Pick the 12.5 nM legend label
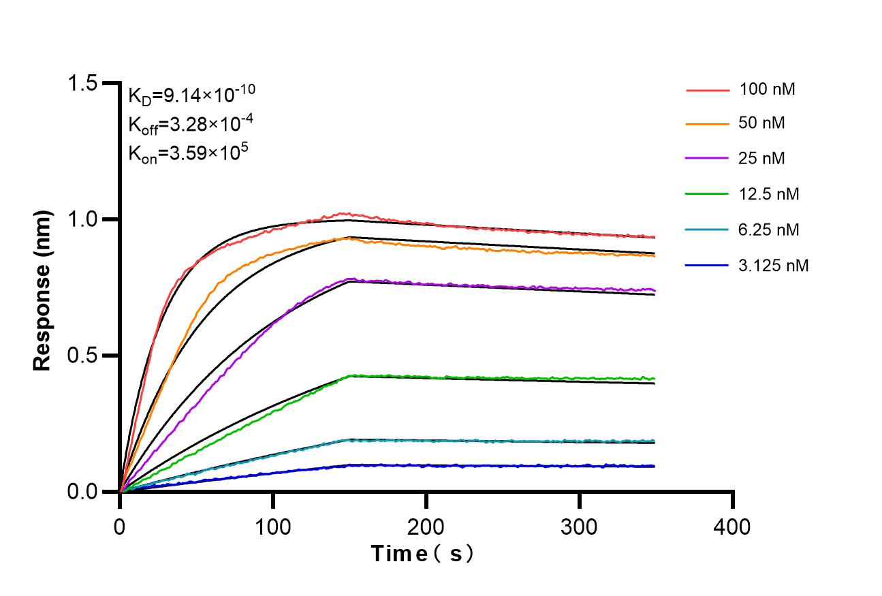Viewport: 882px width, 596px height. [769, 195]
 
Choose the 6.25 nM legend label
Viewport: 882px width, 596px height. [769, 230]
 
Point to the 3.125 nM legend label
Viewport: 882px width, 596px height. [773, 266]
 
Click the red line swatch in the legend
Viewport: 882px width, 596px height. [706, 89]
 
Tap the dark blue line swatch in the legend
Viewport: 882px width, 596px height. [706, 266]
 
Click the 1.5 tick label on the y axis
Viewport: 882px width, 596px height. [84, 84]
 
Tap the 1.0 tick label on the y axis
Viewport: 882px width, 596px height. [84, 219]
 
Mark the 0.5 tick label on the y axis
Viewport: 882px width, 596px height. [84, 356]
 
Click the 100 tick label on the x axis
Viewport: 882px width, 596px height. [273, 527]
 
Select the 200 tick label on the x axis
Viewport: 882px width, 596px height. [426, 527]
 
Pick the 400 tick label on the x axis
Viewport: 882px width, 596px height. [733, 527]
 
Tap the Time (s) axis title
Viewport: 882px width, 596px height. [422, 554]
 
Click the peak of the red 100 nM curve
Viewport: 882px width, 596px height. [346, 213]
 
